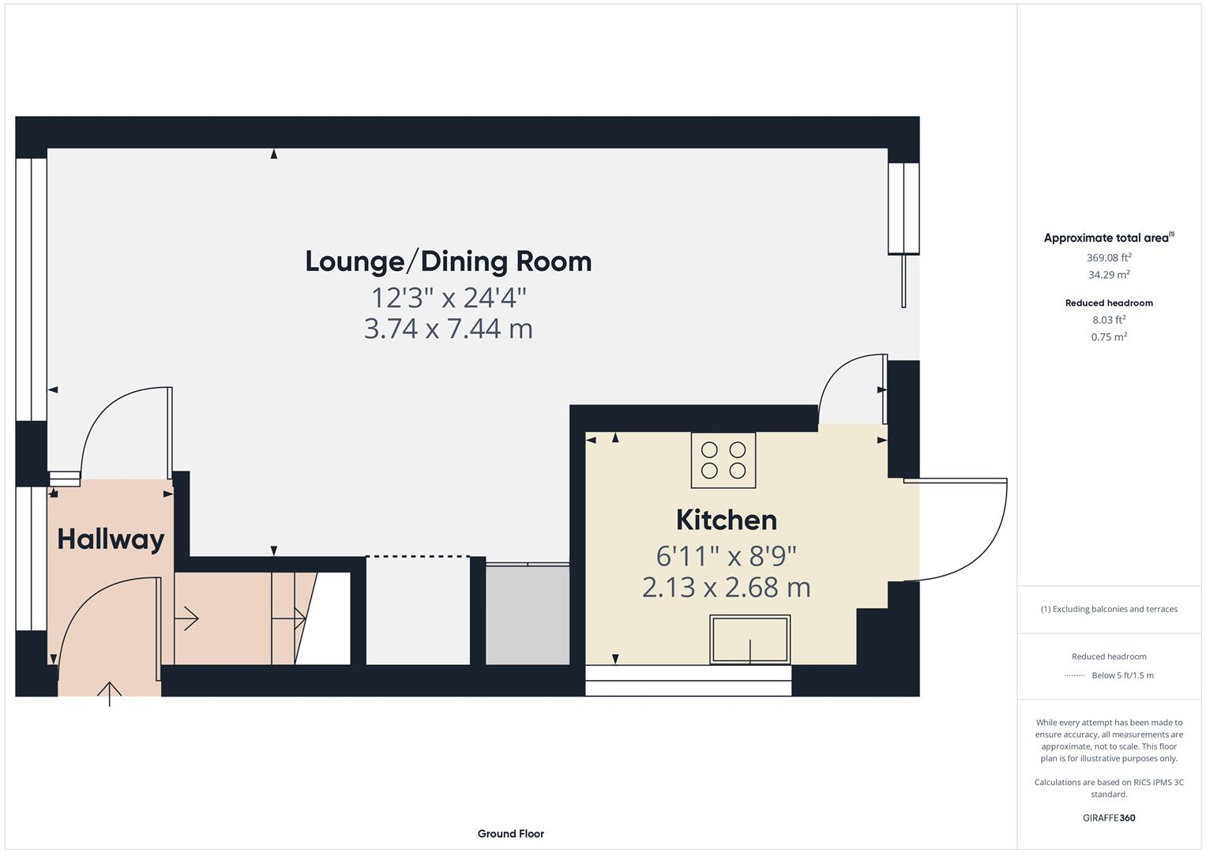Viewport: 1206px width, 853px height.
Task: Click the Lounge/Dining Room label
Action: click(x=448, y=261)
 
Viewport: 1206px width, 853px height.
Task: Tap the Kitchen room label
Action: click(x=726, y=520)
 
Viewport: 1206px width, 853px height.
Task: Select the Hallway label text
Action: click(x=111, y=539)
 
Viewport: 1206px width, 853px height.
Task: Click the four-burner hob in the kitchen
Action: click(x=723, y=460)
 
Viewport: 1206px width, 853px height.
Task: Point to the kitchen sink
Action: click(x=749, y=639)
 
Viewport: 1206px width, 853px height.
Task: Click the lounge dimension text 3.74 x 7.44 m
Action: click(x=448, y=329)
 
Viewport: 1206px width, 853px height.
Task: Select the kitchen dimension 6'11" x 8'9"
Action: click(x=726, y=556)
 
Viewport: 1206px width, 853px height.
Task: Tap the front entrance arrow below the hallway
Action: click(x=109, y=693)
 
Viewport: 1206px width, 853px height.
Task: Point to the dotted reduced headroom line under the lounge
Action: click(x=418, y=557)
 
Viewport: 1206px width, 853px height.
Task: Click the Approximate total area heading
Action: click(x=1108, y=238)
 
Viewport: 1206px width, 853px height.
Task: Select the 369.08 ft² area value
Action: click(x=1109, y=257)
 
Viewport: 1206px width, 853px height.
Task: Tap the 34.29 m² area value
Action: click(x=1109, y=275)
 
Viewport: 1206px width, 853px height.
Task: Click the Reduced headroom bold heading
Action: click(x=1108, y=303)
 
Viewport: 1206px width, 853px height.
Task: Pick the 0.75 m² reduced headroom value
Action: click(x=1109, y=337)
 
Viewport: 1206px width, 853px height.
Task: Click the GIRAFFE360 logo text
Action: click(x=1108, y=817)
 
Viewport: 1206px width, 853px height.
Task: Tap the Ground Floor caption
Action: click(x=510, y=833)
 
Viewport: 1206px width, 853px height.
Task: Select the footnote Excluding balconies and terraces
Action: click(x=1108, y=609)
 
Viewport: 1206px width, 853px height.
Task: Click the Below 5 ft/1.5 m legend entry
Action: click(x=1121, y=675)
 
